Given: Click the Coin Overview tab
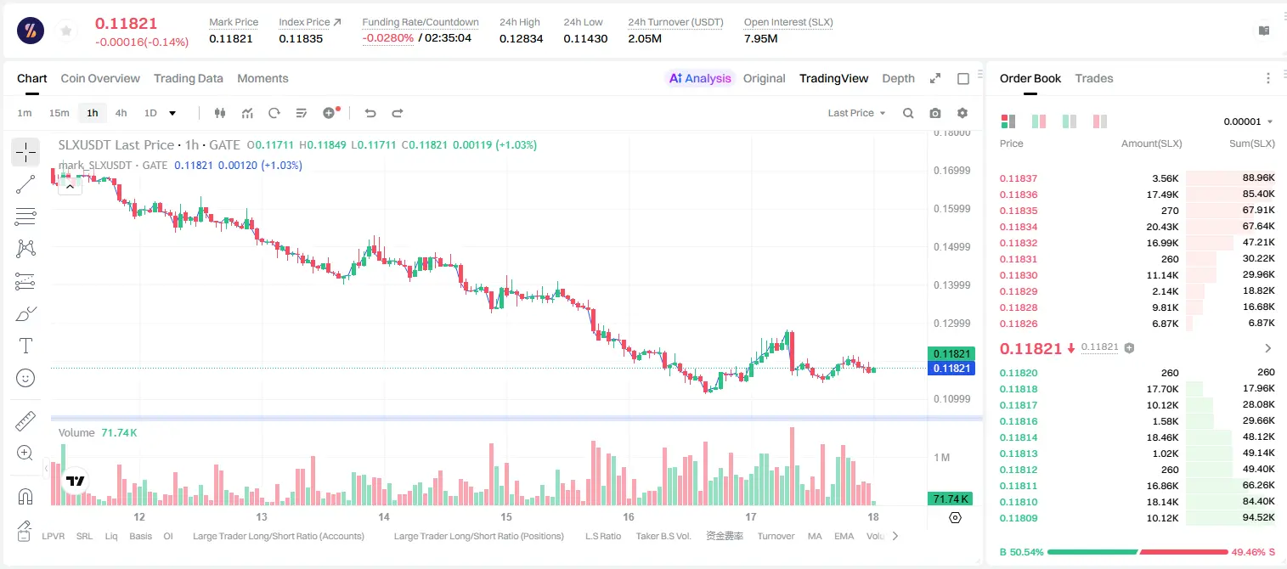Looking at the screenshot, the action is (100, 78).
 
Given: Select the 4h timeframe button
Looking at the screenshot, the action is (121, 113).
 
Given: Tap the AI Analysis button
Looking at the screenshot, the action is (700, 78).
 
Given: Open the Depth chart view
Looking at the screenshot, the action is (898, 78).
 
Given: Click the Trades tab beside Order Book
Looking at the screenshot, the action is (1094, 78).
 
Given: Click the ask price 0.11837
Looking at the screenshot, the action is (1018, 178).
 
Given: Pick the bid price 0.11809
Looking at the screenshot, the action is (1018, 518).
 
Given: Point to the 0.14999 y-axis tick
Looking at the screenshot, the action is (951, 247).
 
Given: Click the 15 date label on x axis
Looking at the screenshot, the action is (505, 516).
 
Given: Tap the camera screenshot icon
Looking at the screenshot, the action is (935, 113).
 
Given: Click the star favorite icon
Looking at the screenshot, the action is (66, 31).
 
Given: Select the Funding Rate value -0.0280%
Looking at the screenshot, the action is (388, 38).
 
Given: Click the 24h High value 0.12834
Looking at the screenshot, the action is (521, 38).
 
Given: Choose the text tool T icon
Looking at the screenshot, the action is (25, 346).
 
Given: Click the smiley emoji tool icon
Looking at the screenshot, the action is (25, 378).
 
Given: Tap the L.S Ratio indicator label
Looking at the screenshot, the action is (602, 536).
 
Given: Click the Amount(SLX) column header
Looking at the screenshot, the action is (1151, 144).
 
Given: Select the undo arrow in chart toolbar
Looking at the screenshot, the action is (370, 113).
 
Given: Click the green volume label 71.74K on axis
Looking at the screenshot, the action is (951, 499).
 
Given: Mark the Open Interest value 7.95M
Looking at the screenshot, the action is (760, 38).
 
